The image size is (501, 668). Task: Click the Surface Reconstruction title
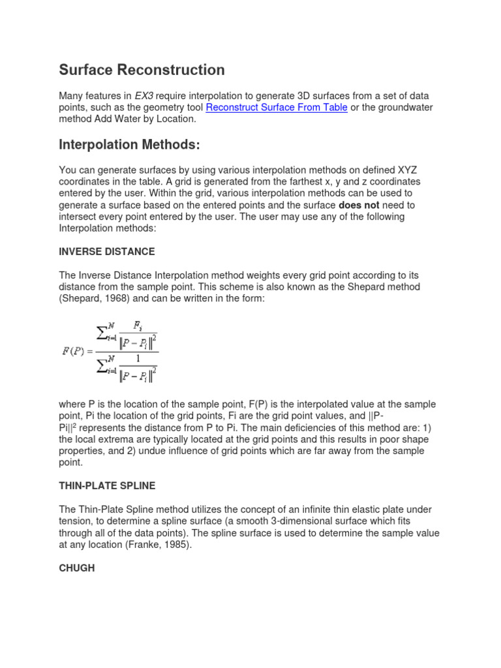pyautogui.click(x=142, y=70)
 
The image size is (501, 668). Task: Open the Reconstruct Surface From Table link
pyautogui.click(x=276, y=107)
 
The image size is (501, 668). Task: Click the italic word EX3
pyautogui.click(x=144, y=95)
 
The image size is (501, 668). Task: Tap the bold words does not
pyautogui.click(x=359, y=205)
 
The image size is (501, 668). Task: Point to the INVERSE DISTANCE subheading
pyautogui.click(x=107, y=252)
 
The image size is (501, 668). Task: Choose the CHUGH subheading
pyautogui.click(x=77, y=568)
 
